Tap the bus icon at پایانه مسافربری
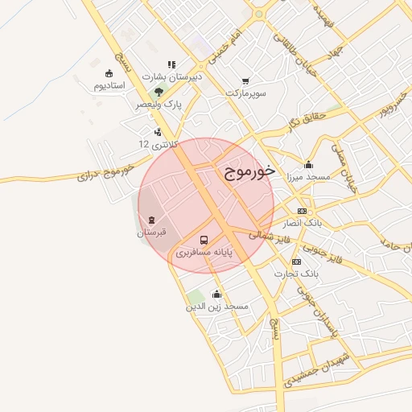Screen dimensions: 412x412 click(x=204, y=240)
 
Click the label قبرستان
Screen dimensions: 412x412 click(x=150, y=232)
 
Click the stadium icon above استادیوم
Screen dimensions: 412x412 click(x=109, y=73)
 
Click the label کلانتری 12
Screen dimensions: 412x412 click(x=155, y=144)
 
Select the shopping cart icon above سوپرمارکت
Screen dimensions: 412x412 click(x=245, y=80)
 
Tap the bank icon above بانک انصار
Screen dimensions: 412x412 click(x=302, y=210)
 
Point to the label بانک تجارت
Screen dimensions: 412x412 click(x=297, y=274)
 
